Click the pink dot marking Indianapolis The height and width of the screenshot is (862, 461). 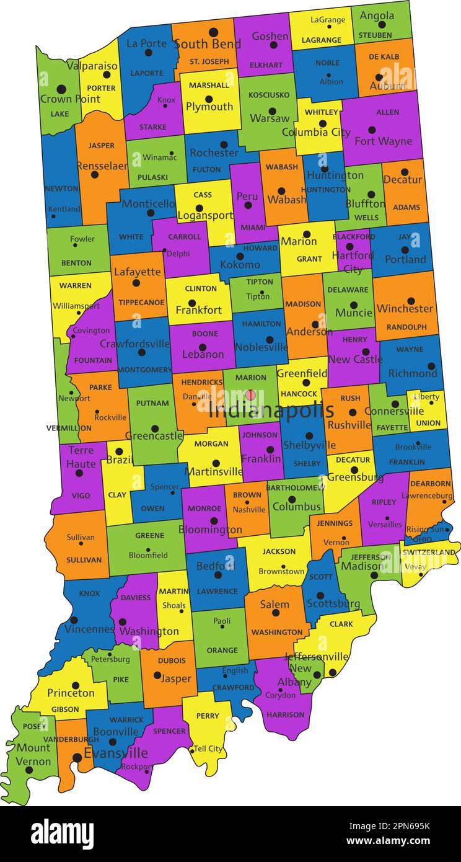coord(250,394)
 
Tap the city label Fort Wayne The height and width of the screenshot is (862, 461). coord(383,141)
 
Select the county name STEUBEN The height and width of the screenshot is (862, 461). coord(375,35)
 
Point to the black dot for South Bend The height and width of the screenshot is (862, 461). coord(213,32)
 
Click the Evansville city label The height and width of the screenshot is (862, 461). coord(116,753)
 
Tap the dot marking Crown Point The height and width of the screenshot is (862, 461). coord(61,89)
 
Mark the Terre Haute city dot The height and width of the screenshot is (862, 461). coord(79,473)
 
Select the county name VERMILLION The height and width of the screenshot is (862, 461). coord(69,428)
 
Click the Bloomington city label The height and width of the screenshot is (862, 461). coord(210,530)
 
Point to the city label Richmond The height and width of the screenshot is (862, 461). coord(413,373)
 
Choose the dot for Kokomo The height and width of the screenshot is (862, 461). coord(240,256)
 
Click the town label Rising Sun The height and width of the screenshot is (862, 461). coord(425,529)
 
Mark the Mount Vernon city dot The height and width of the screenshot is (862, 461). coord(29,770)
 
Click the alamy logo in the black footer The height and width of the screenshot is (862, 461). coord(62,833)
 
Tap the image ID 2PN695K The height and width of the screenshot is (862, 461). coord(400,825)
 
